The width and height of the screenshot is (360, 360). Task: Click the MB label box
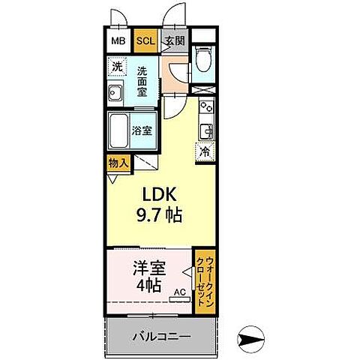(118, 41)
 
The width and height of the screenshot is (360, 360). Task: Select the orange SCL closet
(145, 41)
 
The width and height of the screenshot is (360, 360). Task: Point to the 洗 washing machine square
(117, 67)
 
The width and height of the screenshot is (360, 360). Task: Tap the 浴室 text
(142, 130)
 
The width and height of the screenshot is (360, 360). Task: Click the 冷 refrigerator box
(204, 151)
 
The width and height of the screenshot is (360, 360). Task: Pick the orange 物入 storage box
(118, 163)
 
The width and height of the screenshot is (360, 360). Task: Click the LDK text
(155, 193)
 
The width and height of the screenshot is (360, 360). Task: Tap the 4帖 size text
(147, 286)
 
